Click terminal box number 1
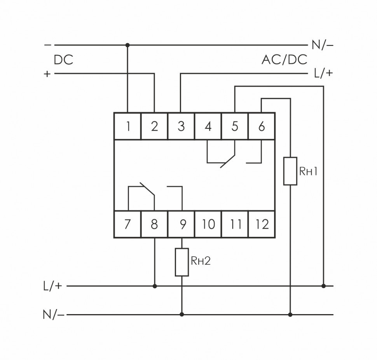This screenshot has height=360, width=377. coord(127,126)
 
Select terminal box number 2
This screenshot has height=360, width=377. coord(154,126)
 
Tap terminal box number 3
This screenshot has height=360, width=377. coord(181,126)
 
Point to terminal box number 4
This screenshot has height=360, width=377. coord(208,126)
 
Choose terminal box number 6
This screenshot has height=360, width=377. coord(262,126)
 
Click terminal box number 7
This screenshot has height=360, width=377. coord(127,224)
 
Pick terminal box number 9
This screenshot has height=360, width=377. coord(181,224)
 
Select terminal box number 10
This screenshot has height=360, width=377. coord(208,224)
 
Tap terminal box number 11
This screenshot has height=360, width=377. coord(235,224)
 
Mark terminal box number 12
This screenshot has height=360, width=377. coord(262,224)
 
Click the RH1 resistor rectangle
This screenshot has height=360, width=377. coord(290,171)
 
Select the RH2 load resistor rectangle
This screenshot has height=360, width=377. coord(182,262)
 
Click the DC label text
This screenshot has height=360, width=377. coord(63,60)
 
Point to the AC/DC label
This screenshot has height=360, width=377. coord(284,59)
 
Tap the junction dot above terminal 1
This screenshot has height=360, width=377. coord(127,45)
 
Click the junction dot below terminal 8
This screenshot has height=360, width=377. coord(155,286)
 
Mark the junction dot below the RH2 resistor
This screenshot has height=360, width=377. coord(182,314)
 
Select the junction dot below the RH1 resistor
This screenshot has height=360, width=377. coord(290,314)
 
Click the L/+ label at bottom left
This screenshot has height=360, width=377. coord(52,286)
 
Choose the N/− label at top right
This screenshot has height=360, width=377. coord(322,45)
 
